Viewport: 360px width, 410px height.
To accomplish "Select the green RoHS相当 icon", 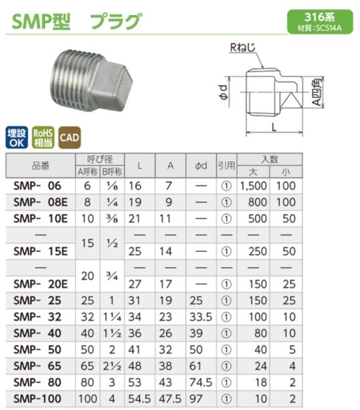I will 42,136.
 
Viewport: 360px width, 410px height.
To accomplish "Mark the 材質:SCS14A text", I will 317,28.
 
